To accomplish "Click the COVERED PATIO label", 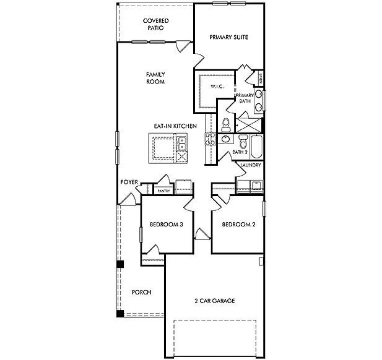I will coord(155,24).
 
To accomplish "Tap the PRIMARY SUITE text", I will coord(228,37).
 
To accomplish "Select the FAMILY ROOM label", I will coord(155,78).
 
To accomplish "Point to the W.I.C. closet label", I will coord(217,87).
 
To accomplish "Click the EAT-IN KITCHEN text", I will coord(175,126).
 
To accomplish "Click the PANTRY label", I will coord(163,191).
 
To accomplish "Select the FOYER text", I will coord(129,183).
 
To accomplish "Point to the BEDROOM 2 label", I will coord(238,225).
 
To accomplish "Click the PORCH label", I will coord(142,292).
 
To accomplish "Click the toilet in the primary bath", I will coord(227,122).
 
